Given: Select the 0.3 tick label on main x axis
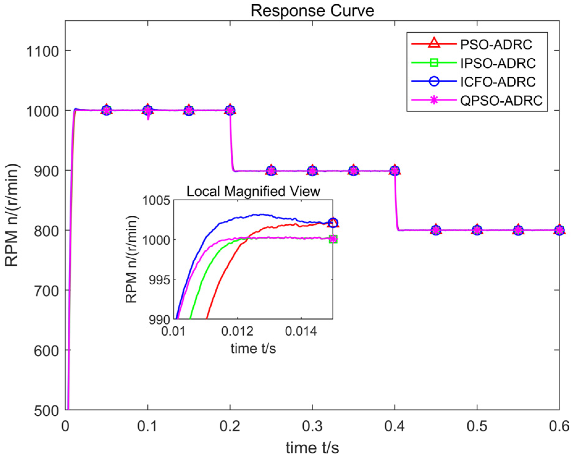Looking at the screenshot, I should (312, 426).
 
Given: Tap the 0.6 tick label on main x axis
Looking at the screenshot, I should (559, 426).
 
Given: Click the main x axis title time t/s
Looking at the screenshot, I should (312, 447).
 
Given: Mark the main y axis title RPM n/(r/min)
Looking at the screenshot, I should (12, 215).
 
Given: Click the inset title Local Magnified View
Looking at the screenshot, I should (253, 191).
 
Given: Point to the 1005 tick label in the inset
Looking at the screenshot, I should (156, 201).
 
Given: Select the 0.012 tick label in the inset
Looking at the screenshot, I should (237, 331).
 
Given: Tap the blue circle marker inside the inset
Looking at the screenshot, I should (333, 223).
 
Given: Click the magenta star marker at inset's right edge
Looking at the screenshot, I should (333, 239).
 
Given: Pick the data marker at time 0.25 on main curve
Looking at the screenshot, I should (271, 171).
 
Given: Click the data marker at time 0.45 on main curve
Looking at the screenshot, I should (436, 230).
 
